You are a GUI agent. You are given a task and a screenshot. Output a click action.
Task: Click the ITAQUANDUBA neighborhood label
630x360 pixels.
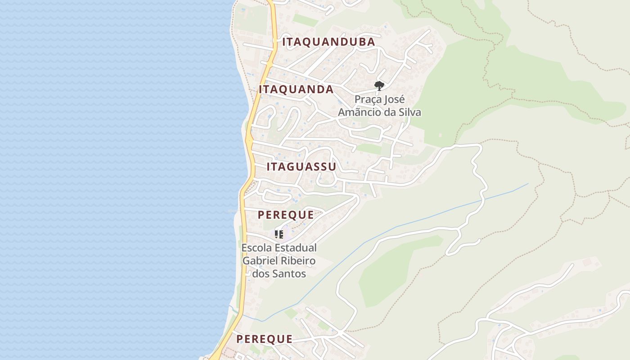click(x=328, y=42)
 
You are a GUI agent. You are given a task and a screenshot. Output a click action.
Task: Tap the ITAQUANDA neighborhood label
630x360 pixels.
click(x=296, y=90)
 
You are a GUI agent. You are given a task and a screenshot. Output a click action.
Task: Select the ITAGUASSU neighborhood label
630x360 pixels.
click(x=301, y=167)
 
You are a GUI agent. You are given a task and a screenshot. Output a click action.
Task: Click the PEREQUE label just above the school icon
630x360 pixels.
click(x=286, y=215)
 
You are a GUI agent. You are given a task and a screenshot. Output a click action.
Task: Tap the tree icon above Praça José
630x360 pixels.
click(x=379, y=85)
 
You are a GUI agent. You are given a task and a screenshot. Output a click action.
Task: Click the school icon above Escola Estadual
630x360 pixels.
click(x=279, y=234)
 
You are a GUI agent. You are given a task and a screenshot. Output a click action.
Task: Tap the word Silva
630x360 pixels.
click(x=409, y=112)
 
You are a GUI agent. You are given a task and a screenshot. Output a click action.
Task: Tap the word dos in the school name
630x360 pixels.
click(x=260, y=274)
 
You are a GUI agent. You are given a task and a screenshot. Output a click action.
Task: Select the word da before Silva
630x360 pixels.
click(x=389, y=112)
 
